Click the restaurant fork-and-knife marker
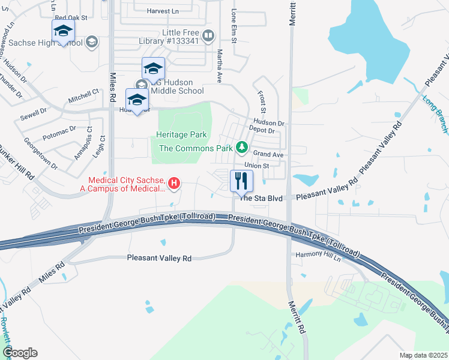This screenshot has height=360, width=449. click(241, 181)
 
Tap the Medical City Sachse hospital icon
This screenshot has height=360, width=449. click(174, 183)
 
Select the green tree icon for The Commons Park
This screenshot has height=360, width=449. click(241, 147)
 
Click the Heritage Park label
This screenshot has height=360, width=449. click(181, 135)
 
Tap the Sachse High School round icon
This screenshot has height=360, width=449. click(92, 41)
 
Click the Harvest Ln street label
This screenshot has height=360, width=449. click(163, 11)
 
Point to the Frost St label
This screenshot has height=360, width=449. click(262, 101)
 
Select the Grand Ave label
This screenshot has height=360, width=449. click(268, 154)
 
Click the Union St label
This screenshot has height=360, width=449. click(255, 166)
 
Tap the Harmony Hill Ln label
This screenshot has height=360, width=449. click(318, 255)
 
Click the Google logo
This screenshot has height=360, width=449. click(20, 353)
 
